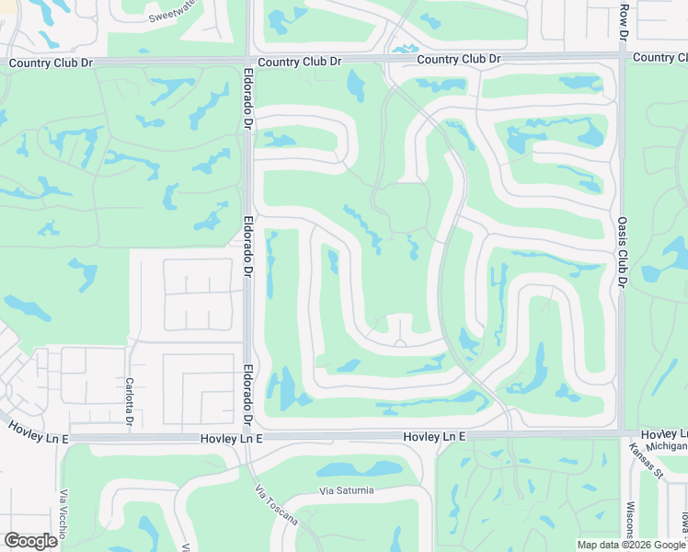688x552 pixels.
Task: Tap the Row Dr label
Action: [x=623, y=19]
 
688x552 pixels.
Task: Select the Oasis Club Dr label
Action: [x=622, y=253]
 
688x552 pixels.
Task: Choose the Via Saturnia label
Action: [x=347, y=490]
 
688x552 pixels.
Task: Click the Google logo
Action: [x=30, y=541]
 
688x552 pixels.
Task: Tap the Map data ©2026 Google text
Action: [x=631, y=545]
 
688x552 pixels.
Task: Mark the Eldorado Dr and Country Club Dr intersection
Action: [x=249, y=61]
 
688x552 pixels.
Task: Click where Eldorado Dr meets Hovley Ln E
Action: [x=249, y=437]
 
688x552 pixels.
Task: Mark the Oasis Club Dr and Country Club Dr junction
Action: [x=622, y=57]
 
